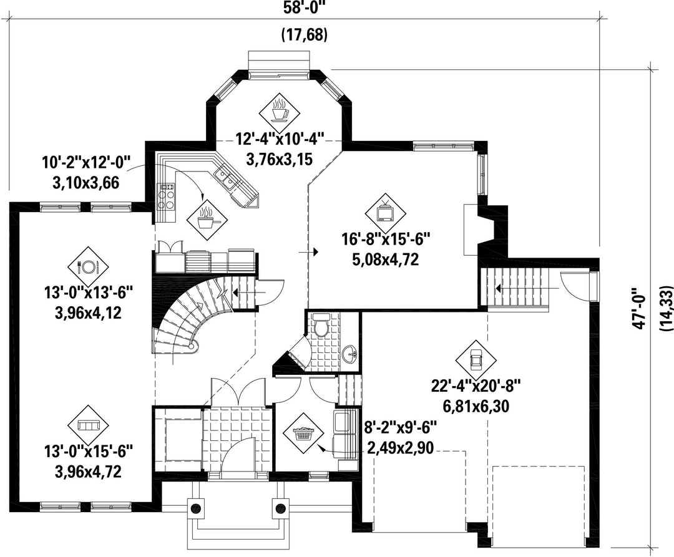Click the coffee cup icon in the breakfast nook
pos(279,110)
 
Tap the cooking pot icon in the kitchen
pos(207,218)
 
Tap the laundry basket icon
pos(303,433)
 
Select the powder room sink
pos(351,354)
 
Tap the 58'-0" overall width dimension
pos(305,8)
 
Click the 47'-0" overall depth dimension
pos(639,308)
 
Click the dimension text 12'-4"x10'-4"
pos(280,140)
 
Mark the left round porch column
pos(195,506)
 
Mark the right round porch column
pos(281,506)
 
